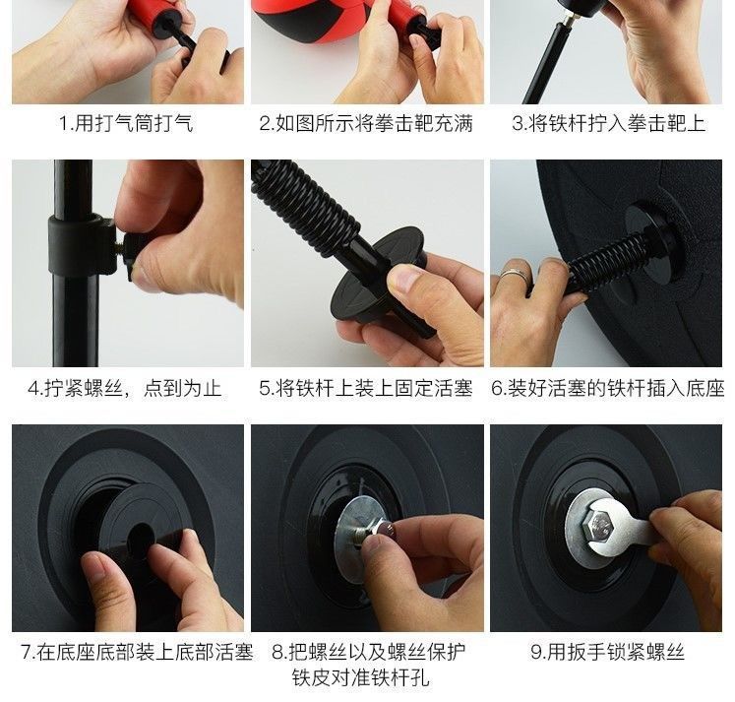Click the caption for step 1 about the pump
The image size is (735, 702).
pyautogui.click(x=126, y=123)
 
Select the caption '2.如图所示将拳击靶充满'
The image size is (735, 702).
pyautogui.click(x=366, y=123)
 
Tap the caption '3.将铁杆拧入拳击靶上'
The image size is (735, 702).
pyautogui.click(x=608, y=123)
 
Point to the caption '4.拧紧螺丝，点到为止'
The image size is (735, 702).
pyautogui.click(x=125, y=388)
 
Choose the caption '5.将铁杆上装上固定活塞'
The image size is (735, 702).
pyautogui.click(x=366, y=388)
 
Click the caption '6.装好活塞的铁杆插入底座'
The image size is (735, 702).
pyautogui.click(x=607, y=388)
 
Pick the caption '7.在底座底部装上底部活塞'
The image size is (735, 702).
pyautogui.click(x=137, y=652)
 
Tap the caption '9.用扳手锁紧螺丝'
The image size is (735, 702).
pyautogui.click(x=607, y=652)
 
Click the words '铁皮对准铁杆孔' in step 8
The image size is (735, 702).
pyautogui.click(x=360, y=677)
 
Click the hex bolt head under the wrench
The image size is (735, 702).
pyautogui.click(x=597, y=528)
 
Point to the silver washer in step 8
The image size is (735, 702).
pyautogui.click(x=356, y=540)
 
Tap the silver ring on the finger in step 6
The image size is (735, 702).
pyautogui.click(x=516, y=277)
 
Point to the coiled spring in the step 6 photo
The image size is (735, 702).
pyautogui.click(x=609, y=261)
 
